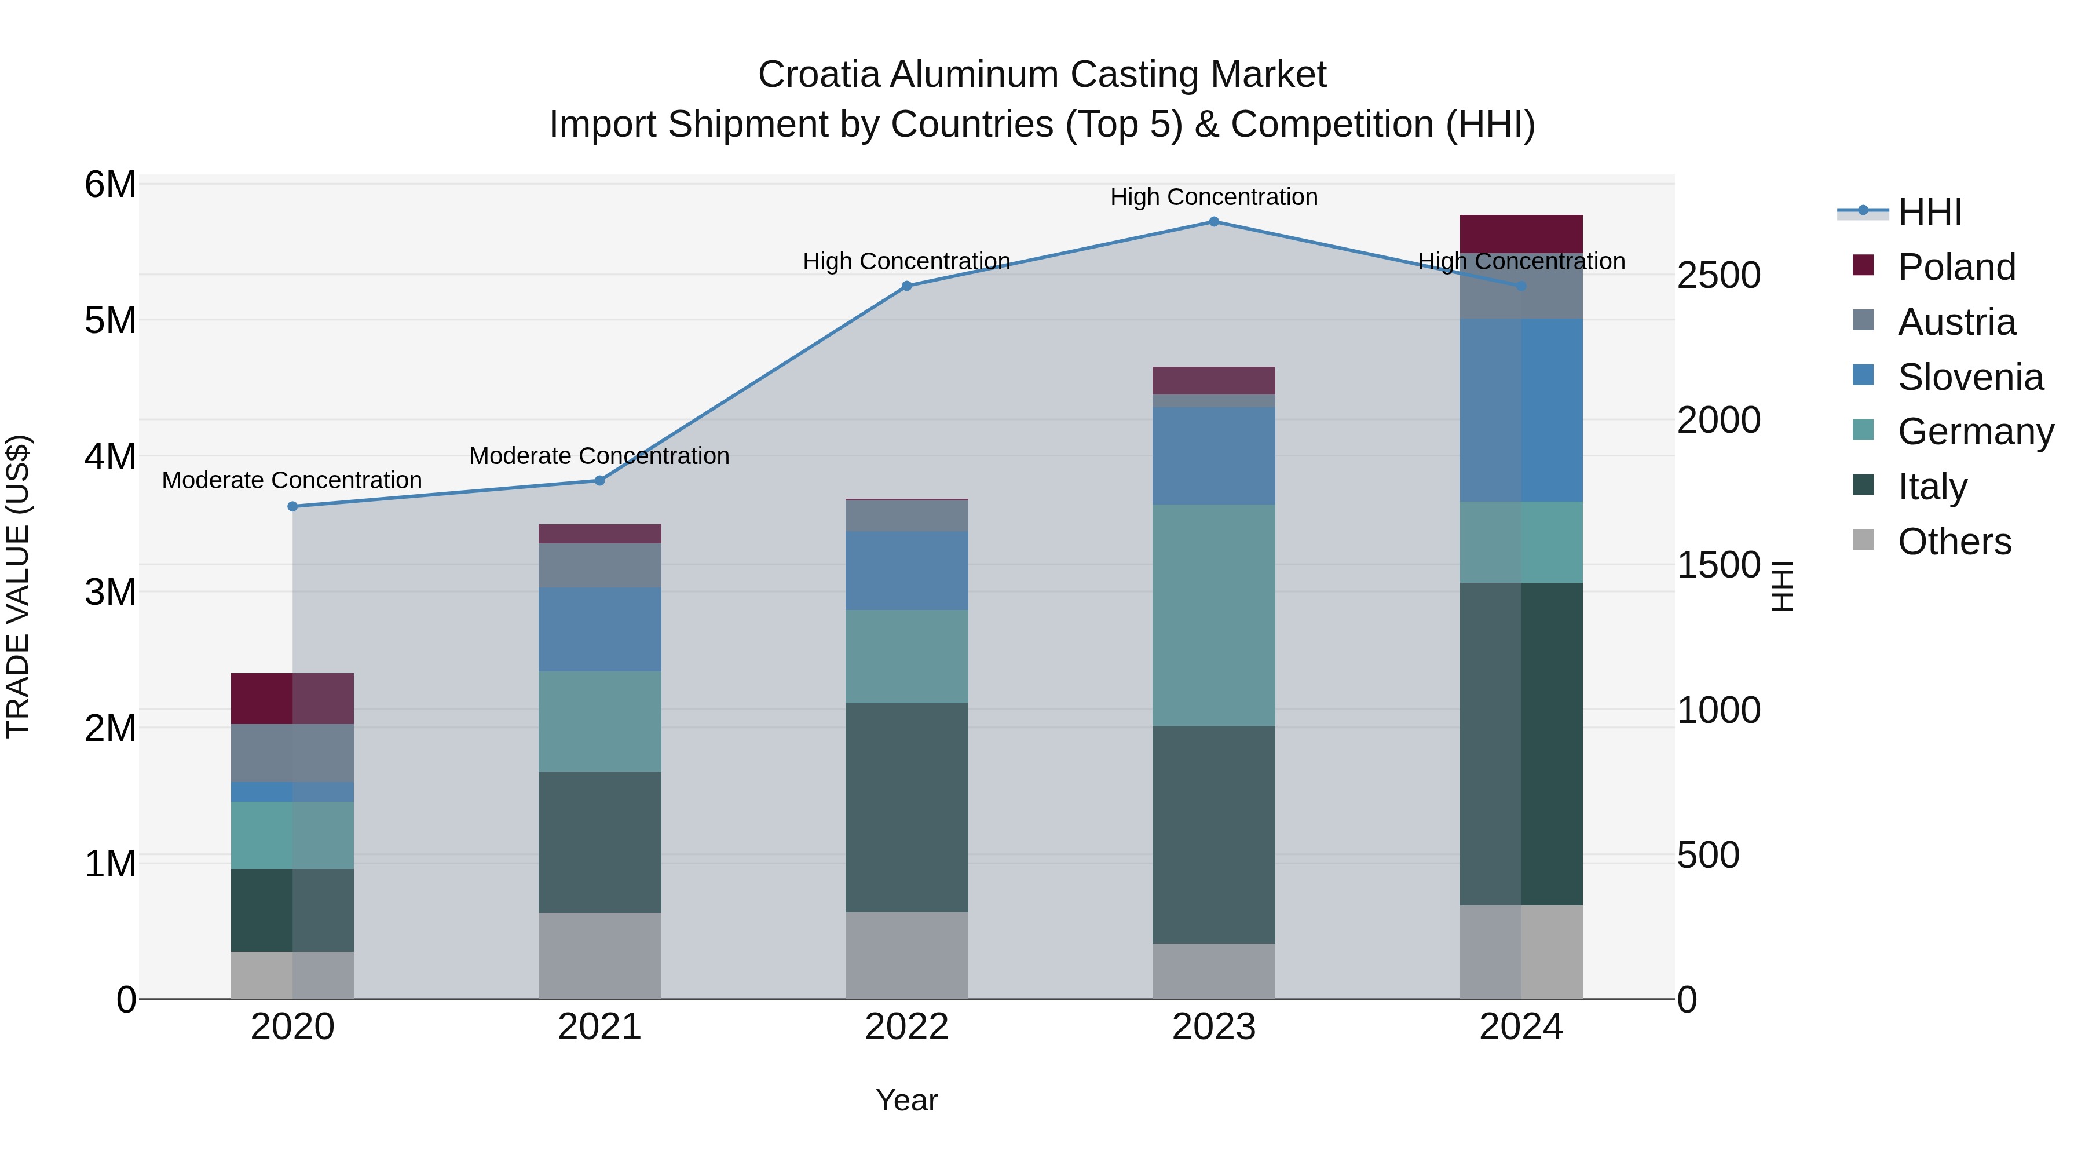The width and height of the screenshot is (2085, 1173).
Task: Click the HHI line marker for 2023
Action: [1213, 221]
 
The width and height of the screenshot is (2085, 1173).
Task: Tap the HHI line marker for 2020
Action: [293, 507]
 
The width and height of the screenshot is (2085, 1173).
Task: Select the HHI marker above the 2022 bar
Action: [906, 286]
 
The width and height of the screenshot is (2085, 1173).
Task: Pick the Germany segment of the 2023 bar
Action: [1213, 615]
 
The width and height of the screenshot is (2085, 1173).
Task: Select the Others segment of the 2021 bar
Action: [600, 955]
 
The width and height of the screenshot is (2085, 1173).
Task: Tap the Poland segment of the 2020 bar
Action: [292, 698]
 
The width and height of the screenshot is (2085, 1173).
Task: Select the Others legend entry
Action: [1954, 542]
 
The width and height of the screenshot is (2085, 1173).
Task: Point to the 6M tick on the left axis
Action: [110, 185]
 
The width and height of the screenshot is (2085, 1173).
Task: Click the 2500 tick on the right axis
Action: [1718, 275]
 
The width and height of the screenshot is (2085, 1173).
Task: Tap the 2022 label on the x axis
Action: [906, 1027]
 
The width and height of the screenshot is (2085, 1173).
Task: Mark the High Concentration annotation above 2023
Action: [1213, 197]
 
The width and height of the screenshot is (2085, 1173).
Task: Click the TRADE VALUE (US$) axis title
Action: [18, 586]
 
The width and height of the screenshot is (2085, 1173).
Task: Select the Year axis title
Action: [906, 1100]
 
